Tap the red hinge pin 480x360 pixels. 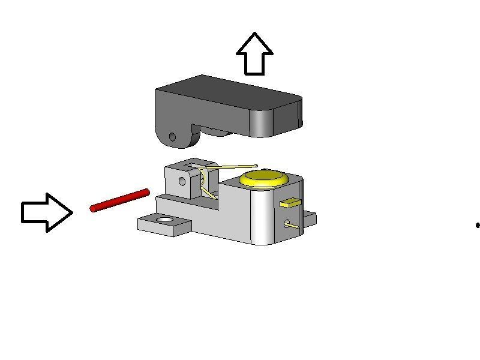[119, 200]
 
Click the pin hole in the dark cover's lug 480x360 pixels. [173, 137]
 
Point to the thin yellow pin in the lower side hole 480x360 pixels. [291, 226]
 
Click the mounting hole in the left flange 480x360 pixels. [164, 221]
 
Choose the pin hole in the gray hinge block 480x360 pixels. [182, 181]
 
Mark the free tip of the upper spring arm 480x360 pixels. [256, 166]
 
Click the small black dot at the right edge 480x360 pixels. [478, 226]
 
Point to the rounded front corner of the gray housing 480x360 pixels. [263, 216]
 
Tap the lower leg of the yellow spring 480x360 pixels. [209, 193]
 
